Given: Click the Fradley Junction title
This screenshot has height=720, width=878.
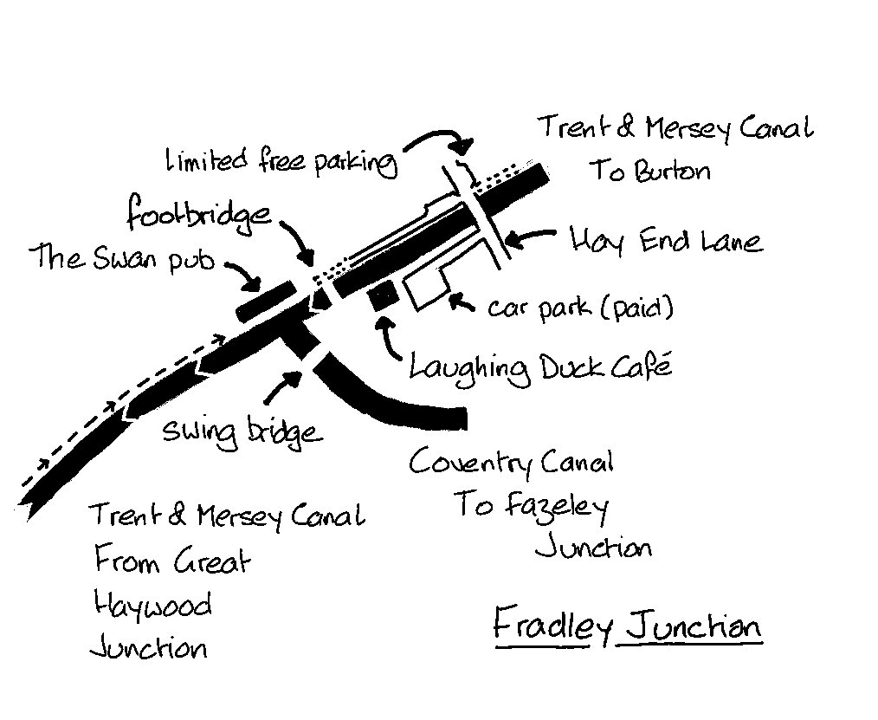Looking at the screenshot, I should coord(627,626).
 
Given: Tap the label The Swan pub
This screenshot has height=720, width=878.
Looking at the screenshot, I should coord(121,257).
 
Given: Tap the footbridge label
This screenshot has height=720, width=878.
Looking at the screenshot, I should coord(198,213).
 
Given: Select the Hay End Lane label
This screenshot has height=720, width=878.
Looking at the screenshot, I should coord(666,240).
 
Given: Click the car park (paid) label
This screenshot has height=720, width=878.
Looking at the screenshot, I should coord(580,308).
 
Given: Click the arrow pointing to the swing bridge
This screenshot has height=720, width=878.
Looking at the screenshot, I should coord(281,386).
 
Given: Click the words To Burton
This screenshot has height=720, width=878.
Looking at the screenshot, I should coord(650,170).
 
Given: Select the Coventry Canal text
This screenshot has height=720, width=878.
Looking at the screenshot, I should coord(511,463).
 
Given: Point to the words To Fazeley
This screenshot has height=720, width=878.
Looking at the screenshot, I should coord(531,506).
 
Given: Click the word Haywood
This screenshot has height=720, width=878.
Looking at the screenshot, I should coord(152,605).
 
